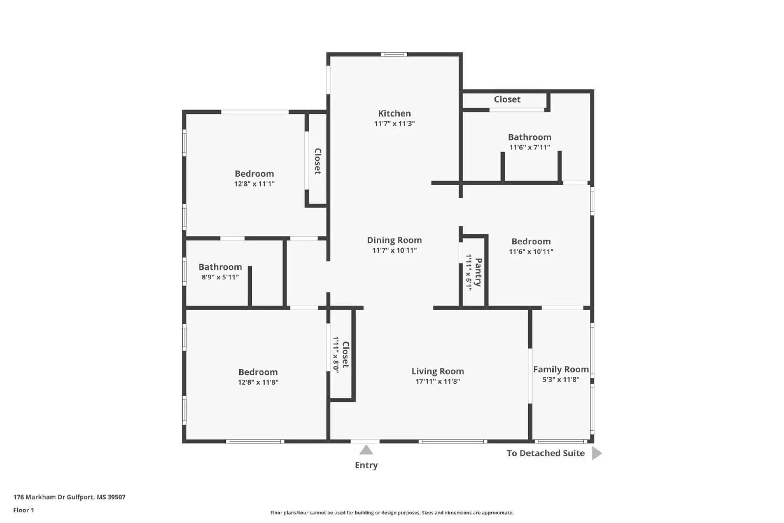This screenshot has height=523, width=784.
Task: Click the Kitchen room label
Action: pos(394,113)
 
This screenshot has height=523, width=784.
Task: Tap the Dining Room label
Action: pos(394,240)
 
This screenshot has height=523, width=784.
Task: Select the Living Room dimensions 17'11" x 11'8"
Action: pos(438,381)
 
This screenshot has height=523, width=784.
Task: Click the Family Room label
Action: pos(561,369)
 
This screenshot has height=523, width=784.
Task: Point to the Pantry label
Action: pos(478,272)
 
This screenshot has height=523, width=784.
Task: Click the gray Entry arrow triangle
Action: pos(366,450)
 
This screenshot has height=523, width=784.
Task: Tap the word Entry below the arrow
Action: pos(366,465)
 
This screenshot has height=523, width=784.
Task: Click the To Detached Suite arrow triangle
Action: pos(596,453)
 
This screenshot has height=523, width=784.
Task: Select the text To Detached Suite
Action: pos(545,453)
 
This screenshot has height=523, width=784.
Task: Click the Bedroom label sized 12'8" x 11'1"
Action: pos(254,174)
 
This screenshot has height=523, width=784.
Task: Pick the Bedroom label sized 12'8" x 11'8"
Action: pos(258,372)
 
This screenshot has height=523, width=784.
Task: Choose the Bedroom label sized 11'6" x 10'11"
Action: pos(531,241)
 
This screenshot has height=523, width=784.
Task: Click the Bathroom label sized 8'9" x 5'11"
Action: pos(220,267)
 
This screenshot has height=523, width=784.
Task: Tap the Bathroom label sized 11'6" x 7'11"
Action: pos(529,137)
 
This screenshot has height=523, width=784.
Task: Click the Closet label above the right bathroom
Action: pos(507,100)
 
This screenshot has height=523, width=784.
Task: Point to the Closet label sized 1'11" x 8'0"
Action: pos(345,355)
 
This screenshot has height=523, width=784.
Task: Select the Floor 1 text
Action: pos(24,510)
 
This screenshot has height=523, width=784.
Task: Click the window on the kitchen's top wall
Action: pos(394,54)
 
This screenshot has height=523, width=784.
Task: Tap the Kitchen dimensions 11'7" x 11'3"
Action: pos(394,124)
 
